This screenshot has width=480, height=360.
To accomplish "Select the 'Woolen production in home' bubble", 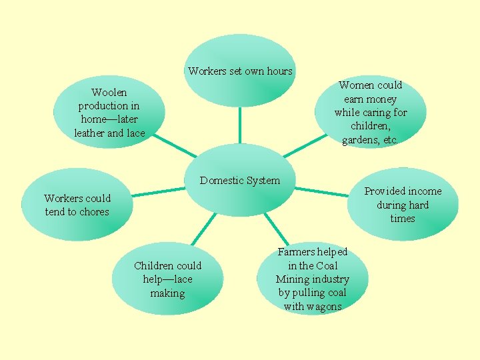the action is (x=109, y=113).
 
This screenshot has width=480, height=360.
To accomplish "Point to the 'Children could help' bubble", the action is (x=167, y=279).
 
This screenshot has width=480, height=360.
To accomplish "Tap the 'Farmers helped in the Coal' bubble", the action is (x=312, y=279).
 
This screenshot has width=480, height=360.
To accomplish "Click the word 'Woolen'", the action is (x=109, y=92).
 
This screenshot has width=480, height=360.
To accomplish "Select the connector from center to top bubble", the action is (x=239, y=125).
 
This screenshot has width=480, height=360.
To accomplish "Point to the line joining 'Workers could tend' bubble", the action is (x=157, y=193).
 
